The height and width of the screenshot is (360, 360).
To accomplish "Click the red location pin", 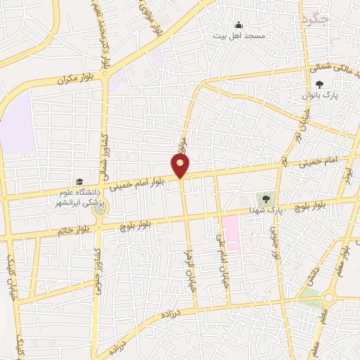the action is [181, 165].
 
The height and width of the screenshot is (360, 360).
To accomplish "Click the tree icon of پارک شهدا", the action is [265, 198].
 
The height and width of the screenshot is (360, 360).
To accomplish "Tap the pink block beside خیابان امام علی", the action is [231, 233].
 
